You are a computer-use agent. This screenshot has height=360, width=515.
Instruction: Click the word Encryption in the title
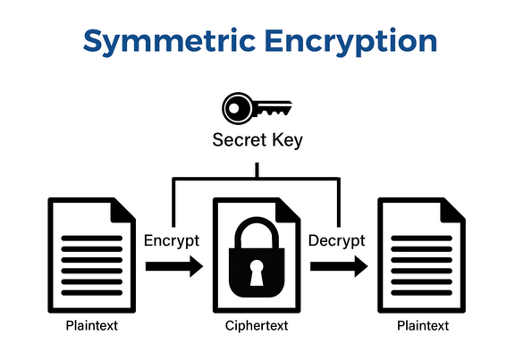tap(349, 41)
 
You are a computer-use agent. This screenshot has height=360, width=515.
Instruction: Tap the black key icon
tap(257, 108)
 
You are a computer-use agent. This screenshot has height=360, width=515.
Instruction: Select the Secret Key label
tap(257, 140)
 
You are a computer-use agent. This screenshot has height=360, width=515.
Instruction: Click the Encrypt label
tap(171, 240)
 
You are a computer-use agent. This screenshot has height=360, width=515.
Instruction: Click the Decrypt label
tap(336, 240)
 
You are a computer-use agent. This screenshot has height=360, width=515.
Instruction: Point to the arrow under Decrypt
tap(339, 266)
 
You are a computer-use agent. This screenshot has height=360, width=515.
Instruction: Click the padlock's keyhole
tap(257, 272)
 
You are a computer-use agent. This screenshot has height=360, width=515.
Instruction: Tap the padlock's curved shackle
tap(257, 230)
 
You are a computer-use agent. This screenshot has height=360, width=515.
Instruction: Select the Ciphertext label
tap(257, 326)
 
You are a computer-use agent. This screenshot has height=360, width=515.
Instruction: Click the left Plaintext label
tap(91, 326)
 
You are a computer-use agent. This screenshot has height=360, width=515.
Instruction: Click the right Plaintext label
tap(423, 326)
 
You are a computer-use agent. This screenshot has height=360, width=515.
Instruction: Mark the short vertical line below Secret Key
tap(257, 169)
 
